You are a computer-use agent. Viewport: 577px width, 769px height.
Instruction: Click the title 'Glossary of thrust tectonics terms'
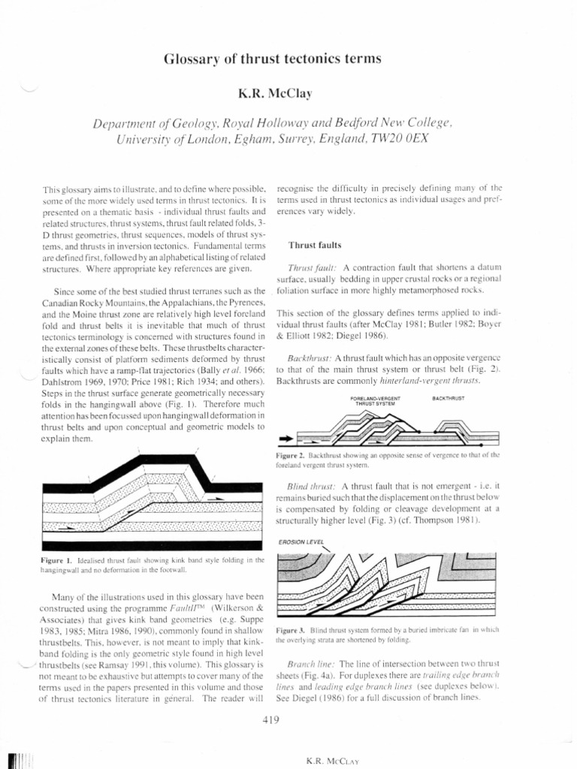pyautogui.click(x=288, y=59)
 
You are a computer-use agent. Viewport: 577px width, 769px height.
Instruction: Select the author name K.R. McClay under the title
pyautogui.click(x=288, y=94)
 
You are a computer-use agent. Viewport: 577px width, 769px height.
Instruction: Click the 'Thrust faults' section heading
pyautogui.click(x=316, y=245)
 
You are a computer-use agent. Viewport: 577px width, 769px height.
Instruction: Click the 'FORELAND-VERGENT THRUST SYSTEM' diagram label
pyautogui.click(x=376, y=400)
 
